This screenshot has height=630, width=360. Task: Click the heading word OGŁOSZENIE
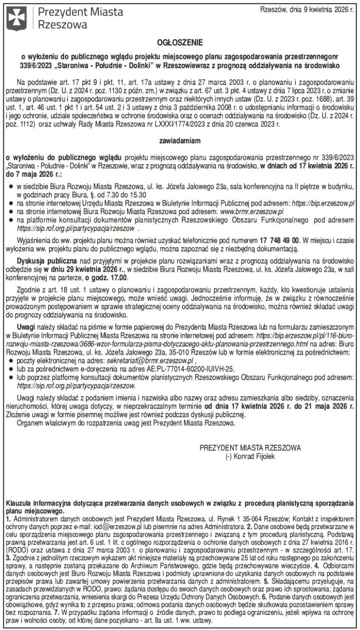pos(180,42)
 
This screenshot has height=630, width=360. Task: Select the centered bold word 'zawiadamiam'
pos(180,139)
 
